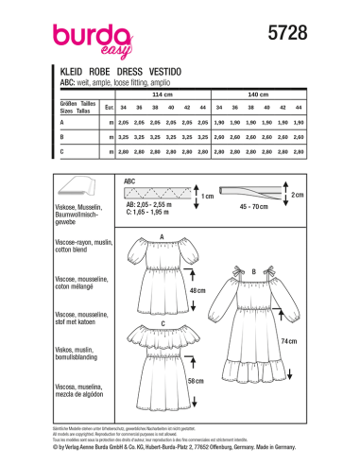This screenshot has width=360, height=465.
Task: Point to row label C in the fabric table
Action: [x=62, y=150]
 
